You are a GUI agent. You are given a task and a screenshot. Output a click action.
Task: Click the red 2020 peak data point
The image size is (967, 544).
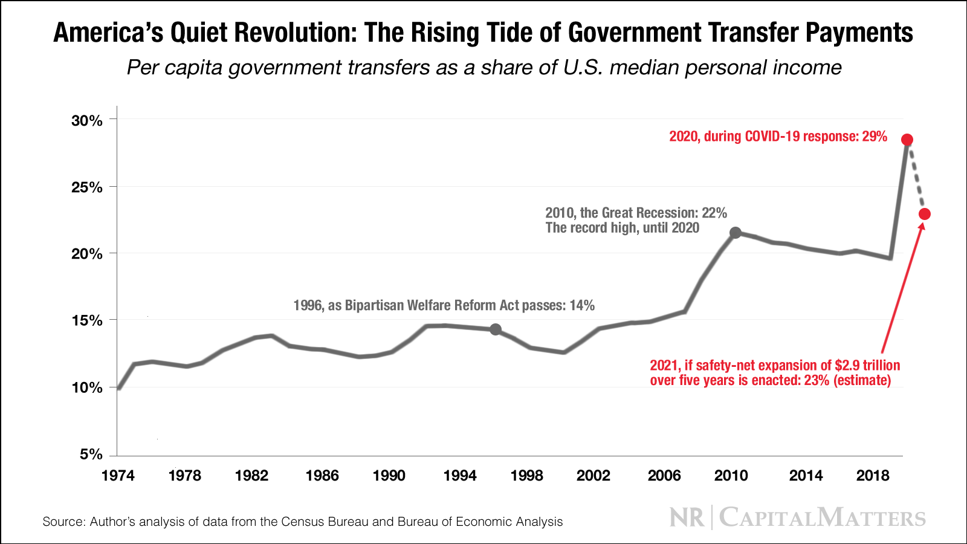pos(907,140)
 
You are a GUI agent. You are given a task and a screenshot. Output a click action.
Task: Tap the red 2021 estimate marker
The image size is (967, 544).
pos(924,214)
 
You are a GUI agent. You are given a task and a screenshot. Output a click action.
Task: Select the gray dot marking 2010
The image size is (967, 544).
pos(735,233)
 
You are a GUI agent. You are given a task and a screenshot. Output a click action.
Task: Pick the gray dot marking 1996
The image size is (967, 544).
pos(496,329)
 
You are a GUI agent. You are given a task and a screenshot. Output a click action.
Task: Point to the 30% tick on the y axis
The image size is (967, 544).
pos(87,120)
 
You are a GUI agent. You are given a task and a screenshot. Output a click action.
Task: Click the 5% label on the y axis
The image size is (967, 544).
pos(91,454)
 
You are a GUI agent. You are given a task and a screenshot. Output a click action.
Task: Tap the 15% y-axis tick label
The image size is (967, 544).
pos(87,320)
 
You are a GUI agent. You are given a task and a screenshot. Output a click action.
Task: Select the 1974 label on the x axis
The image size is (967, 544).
pos(118,476)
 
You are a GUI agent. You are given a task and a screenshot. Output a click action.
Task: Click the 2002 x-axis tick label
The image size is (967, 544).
pos(593,476)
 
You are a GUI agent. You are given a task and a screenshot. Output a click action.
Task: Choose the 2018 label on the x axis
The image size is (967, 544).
pos(873,476)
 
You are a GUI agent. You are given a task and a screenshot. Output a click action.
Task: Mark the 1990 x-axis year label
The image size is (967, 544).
pos(389,476)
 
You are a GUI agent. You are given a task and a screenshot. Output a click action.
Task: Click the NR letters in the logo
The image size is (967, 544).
pos(687,518)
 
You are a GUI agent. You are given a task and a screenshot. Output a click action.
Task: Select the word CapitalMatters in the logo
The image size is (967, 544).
pos(822,518)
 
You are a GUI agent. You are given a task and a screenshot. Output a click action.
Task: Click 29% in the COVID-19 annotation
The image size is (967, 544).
pos(874,137)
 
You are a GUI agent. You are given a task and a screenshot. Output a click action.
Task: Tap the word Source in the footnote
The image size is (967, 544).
pos(63,522)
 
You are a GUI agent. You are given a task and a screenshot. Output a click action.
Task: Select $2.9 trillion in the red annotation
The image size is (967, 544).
pos(867,365)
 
